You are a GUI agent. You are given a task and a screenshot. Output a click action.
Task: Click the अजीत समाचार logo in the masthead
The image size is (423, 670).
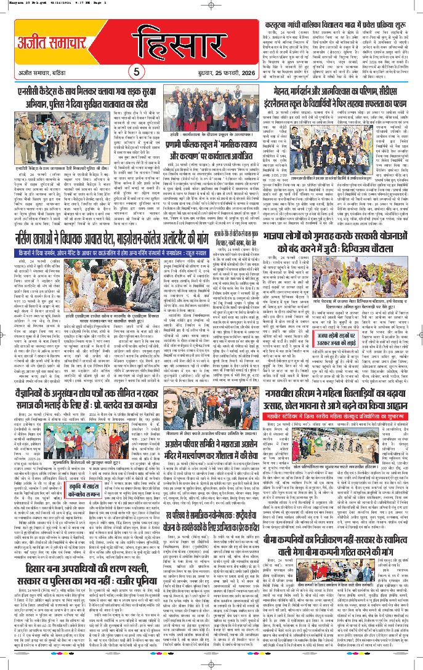coord(40,46)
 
